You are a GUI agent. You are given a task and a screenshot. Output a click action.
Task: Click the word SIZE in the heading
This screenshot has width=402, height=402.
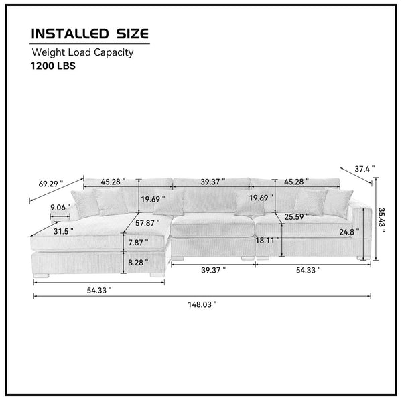133,34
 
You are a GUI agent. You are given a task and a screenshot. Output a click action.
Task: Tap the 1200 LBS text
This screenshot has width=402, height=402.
53,66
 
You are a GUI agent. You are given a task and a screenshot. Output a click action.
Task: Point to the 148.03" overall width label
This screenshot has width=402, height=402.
202,304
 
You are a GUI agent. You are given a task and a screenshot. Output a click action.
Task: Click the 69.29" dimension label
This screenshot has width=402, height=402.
51,184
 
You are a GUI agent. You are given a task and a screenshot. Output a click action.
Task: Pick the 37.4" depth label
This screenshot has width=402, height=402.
364,169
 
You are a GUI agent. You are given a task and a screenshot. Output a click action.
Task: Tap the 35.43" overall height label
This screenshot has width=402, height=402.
382,220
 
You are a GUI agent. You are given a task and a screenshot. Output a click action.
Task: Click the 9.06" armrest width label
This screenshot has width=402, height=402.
60,207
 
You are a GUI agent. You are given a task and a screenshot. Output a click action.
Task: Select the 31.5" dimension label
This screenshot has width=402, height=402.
64,232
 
